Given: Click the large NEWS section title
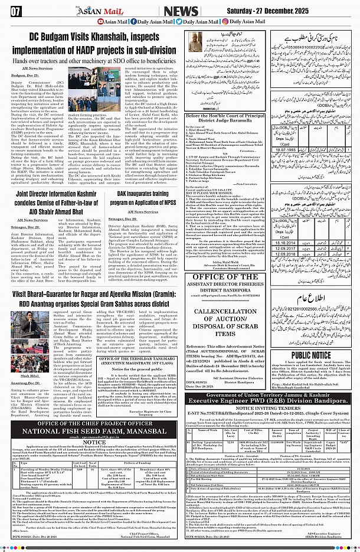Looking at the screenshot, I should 181,11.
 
